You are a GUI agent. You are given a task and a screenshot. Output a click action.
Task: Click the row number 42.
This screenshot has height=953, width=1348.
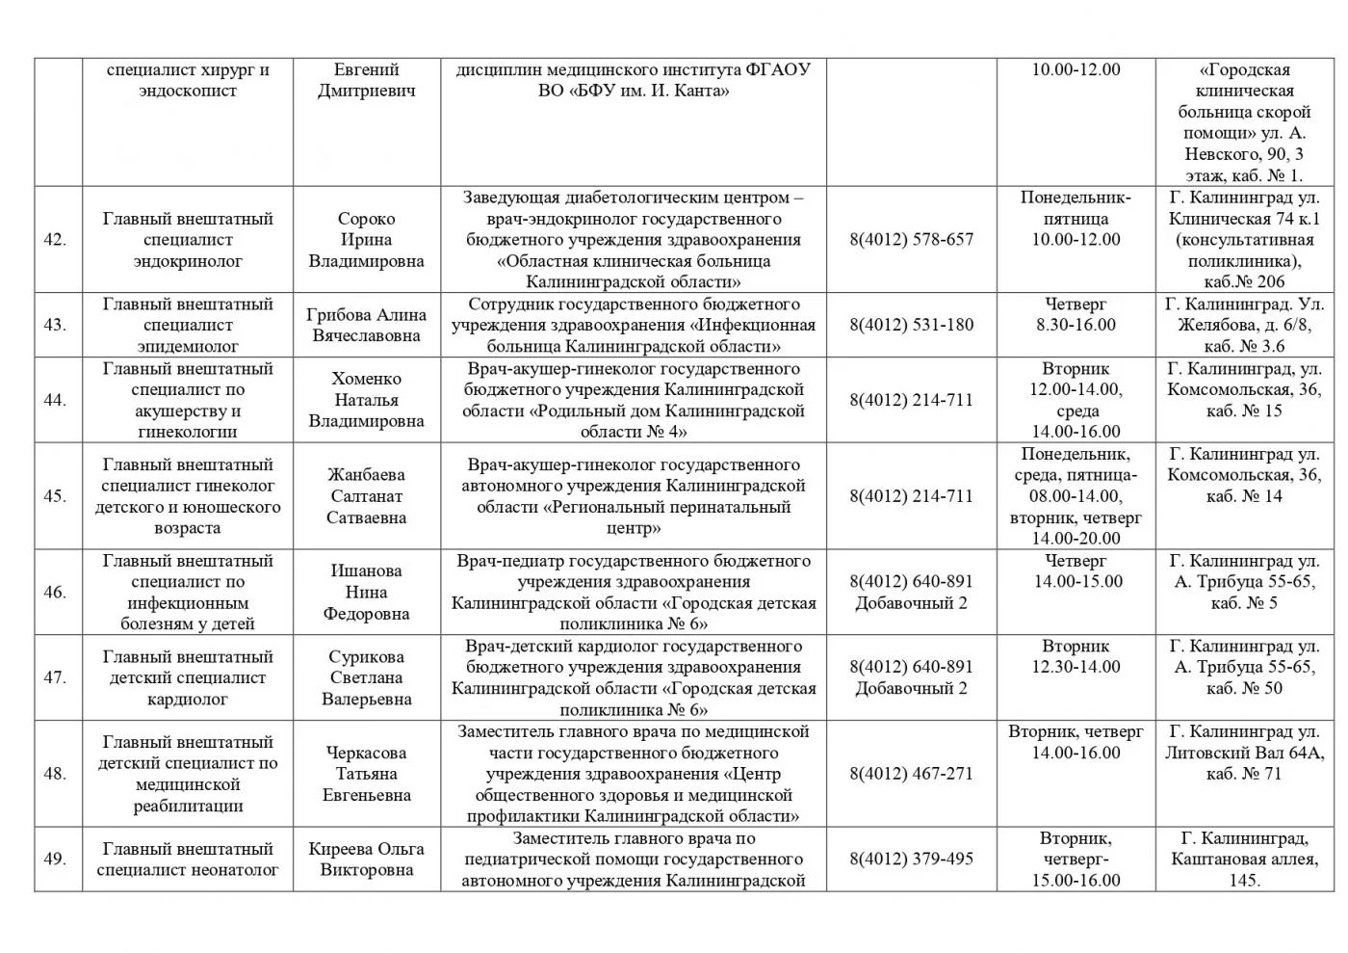tap(55, 240)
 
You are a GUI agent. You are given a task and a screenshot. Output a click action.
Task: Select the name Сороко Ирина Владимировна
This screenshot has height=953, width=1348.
tap(366, 240)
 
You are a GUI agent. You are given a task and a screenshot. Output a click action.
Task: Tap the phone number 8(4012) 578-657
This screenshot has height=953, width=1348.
tap(911, 240)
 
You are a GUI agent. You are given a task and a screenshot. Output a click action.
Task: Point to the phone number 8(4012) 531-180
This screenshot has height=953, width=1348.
tap(911, 325)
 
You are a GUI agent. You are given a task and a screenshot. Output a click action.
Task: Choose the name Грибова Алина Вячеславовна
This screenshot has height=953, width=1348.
tap(366, 325)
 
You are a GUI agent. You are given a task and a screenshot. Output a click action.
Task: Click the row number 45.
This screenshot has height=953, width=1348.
tap(55, 496)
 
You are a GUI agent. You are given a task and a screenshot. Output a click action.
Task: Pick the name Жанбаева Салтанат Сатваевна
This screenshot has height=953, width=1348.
tap(366, 496)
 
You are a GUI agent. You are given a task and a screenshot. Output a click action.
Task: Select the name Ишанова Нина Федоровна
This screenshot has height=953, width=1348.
tap(366, 592)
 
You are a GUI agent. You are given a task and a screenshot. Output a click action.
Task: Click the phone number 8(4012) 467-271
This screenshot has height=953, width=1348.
tap(911, 774)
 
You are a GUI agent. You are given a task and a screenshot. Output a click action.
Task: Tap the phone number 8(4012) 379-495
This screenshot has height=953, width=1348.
tap(911, 859)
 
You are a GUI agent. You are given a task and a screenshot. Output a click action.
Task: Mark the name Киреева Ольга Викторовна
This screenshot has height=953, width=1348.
tap(366, 859)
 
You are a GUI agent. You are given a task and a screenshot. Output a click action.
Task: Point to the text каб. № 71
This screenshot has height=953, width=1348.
tap(1244, 774)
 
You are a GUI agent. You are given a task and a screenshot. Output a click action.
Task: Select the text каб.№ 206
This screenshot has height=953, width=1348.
tap(1244, 282)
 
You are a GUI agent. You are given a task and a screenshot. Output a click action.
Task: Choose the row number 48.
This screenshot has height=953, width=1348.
tap(55, 774)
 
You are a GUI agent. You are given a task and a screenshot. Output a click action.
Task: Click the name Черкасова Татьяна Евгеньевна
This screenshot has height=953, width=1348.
tap(366, 774)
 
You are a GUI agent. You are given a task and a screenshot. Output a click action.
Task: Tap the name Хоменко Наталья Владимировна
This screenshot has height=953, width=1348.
tap(366, 400)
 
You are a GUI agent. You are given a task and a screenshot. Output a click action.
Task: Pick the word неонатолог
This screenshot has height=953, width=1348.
tap(230, 870)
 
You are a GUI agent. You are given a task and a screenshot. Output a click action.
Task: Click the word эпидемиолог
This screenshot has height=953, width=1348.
tap(188, 346)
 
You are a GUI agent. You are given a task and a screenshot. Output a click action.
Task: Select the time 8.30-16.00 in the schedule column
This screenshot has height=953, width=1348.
tap(1076, 325)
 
